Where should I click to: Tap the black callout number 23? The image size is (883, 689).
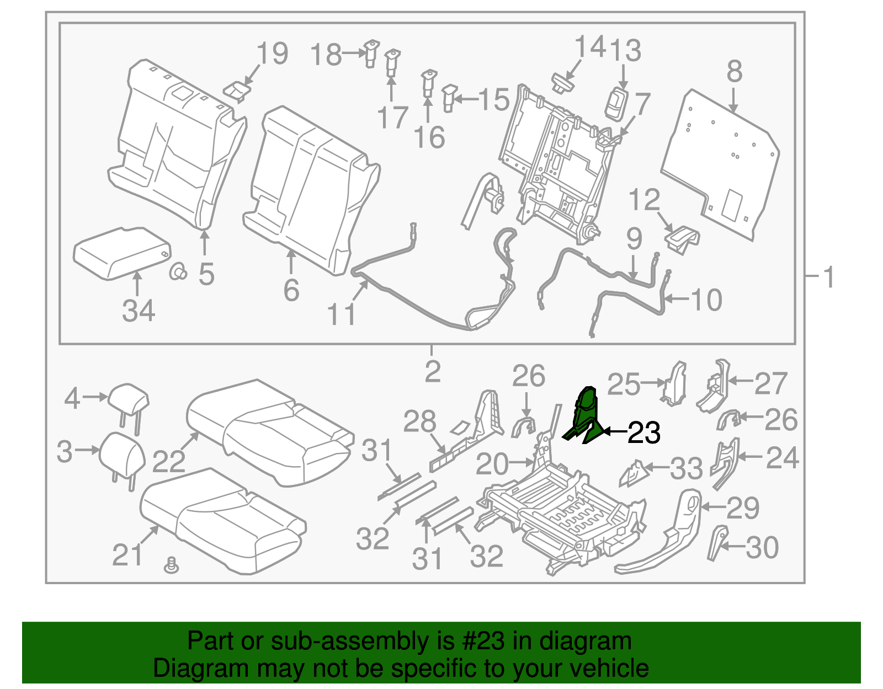(x=644, y=433)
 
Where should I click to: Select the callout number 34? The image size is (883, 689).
(x=139, y=311)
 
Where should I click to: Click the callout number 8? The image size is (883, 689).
(x=734, y=72)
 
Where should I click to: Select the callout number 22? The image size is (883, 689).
(x=168, y=461)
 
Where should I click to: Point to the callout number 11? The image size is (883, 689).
(x=342, y=314)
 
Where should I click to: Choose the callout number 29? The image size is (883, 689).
(x=743, y=508)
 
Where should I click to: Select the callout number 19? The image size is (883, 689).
(x=273, y=54)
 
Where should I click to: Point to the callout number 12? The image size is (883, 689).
(x=644, y=200)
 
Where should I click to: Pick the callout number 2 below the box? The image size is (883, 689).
(x=433, y=372)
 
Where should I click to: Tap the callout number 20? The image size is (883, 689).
(x=492, y=464)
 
